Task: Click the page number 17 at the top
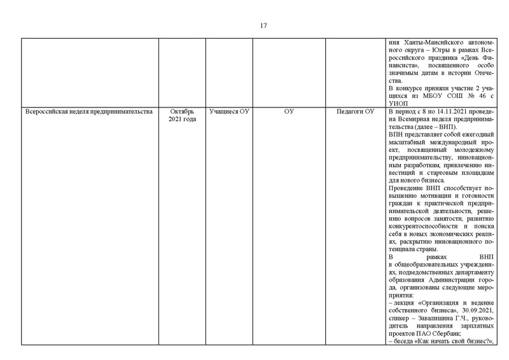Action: click(x=263, y=26)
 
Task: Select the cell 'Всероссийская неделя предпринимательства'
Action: click(x=88, y=112)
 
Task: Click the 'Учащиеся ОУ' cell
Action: click(x=229, y=112)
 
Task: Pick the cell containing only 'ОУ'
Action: click(x=289, y=112)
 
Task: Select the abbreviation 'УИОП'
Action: click(x=398, y=104)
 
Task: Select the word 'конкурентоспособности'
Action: click(x=422, y=226)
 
